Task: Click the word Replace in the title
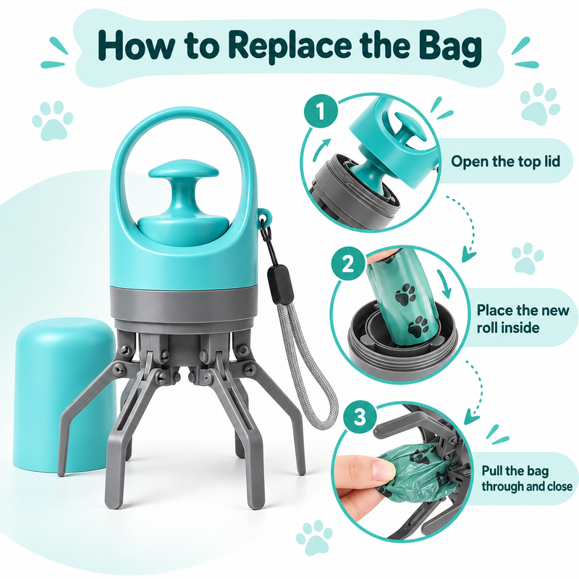(288, 46)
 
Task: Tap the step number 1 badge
(321, 111)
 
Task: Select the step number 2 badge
(347, 264)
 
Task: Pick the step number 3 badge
(360, 418)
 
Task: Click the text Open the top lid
(505, 161)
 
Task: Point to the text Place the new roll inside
(523, 318)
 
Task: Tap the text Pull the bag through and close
(527, 478)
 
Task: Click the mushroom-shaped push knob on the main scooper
(183, 181)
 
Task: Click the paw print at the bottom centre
(314, 537)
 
